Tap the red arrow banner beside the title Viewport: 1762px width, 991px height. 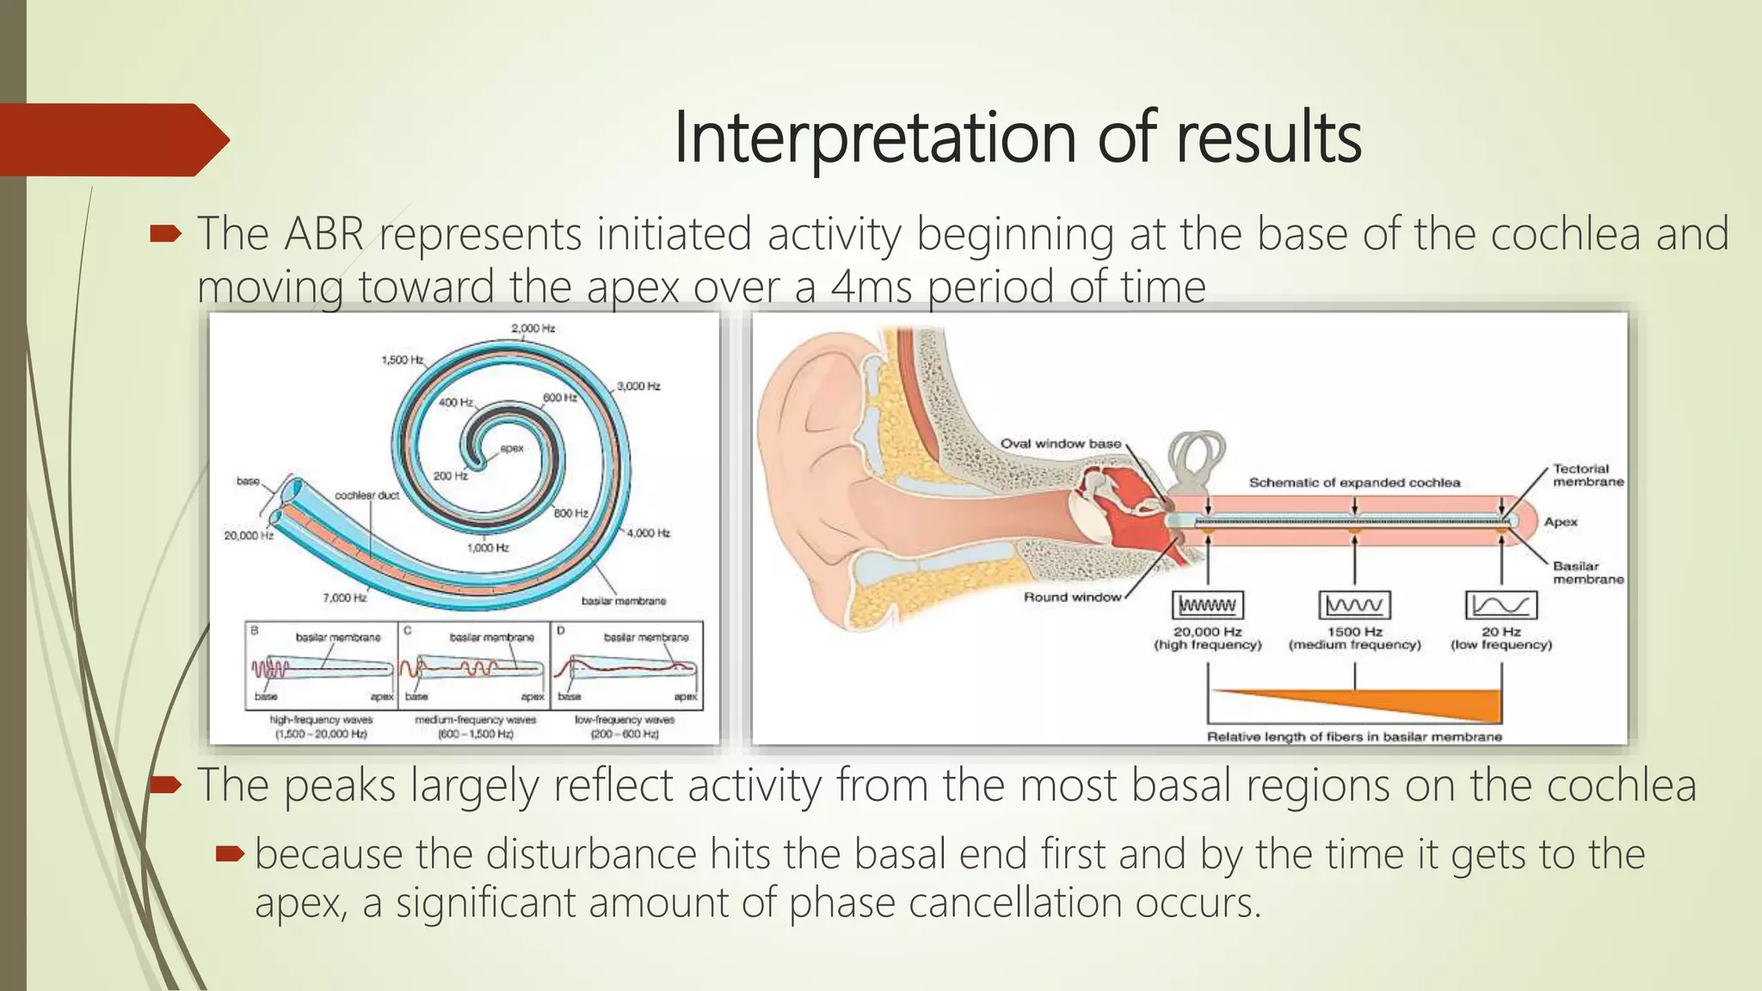tap(112, 139)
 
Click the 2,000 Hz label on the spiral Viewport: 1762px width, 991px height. tap(533, 329)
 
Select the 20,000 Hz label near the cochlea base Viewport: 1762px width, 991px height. tap(249, 536)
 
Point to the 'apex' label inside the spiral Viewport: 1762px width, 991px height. tap(512, 448)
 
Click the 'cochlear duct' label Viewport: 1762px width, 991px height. tap(367, 495)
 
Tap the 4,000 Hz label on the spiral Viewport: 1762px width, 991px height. tap(648, 533)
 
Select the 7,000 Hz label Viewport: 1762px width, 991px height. tap(344, 598)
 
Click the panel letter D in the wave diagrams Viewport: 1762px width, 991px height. tap(561, 631)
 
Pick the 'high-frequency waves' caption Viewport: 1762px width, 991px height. tap(321, 720)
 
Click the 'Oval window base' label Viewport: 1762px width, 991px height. tap(1061, 444)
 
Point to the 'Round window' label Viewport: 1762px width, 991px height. tap(1072, 597)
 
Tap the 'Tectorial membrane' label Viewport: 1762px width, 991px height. tap(1587, 475)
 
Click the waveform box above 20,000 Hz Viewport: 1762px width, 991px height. tap(1208, 606)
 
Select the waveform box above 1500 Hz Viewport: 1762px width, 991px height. tap(1354, 606)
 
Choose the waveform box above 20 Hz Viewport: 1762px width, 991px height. tap(1500, 606)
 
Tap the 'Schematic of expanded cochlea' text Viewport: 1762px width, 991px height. tap(1354, 483)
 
